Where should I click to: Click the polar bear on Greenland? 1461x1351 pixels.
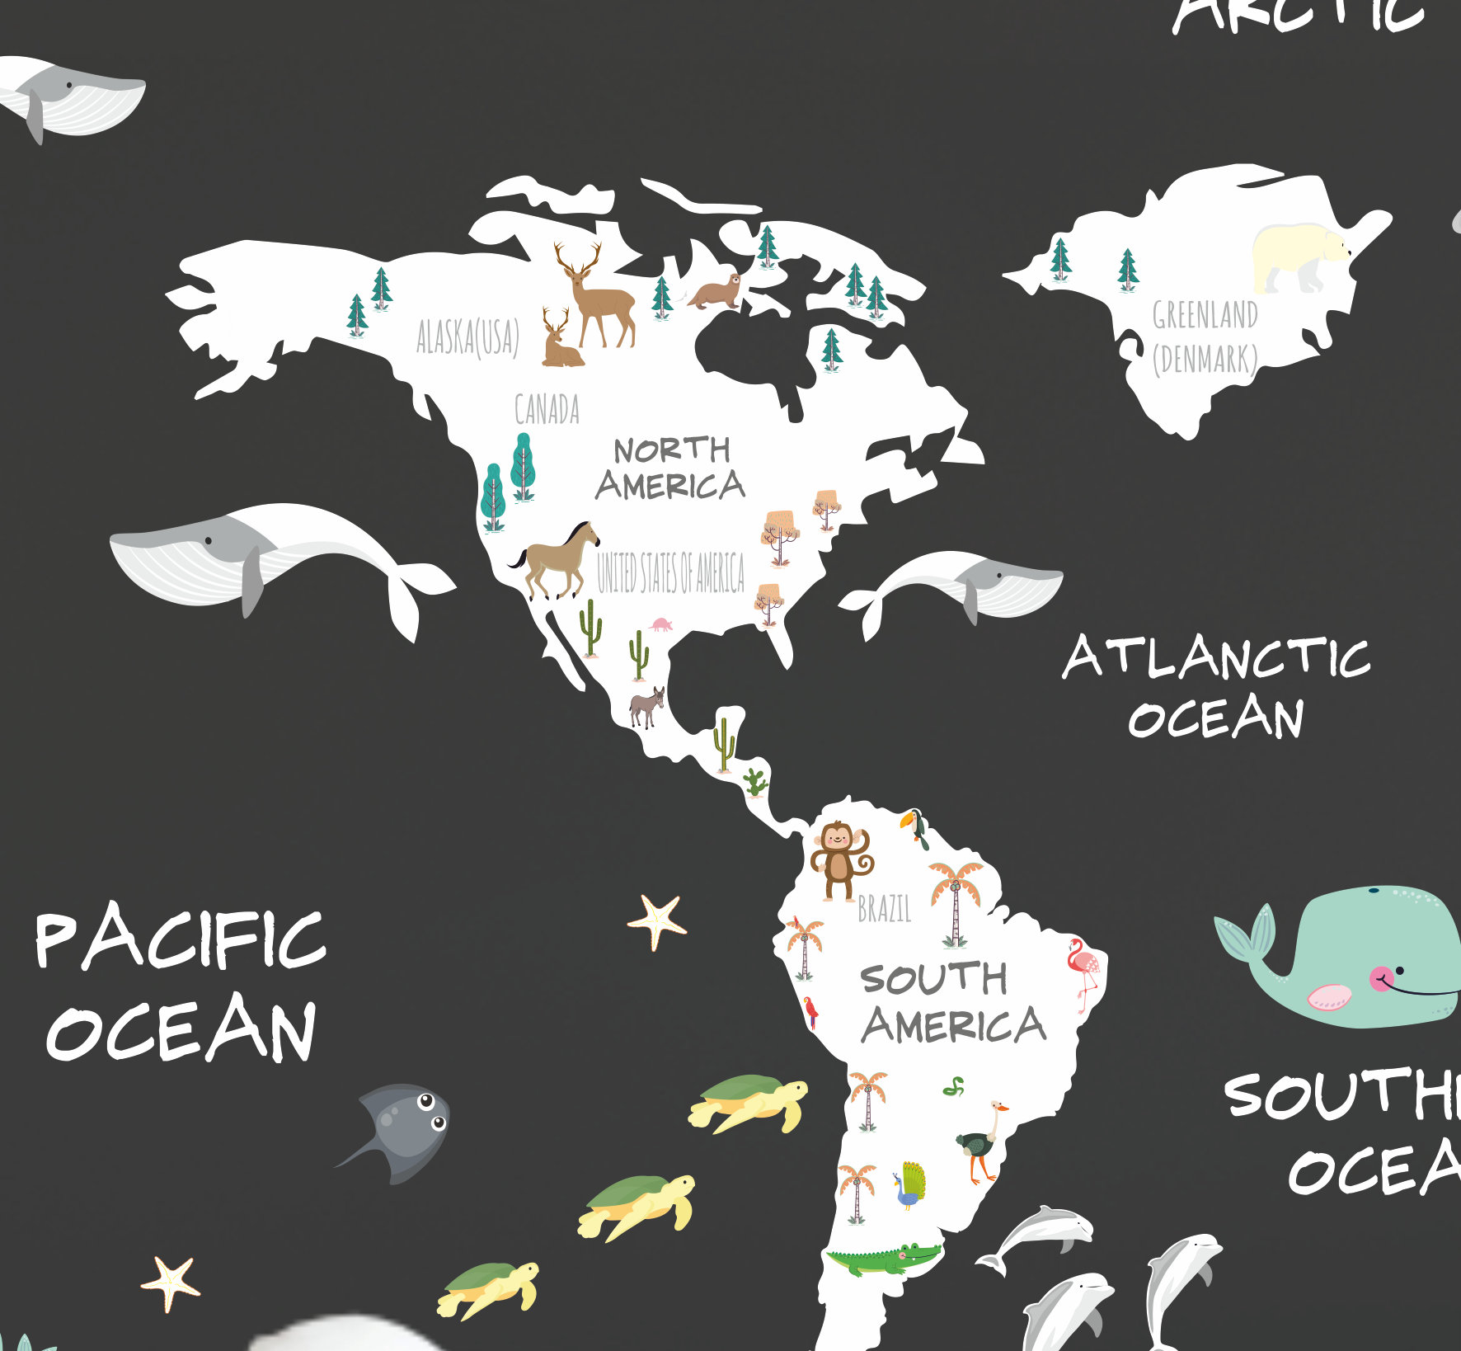click(1299, 257)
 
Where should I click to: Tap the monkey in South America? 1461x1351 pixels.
click(839, 859)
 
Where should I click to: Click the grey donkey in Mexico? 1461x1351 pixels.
click(647, 707)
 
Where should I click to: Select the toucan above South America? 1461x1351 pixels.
click(916, 827)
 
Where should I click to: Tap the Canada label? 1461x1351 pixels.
click(547, 409)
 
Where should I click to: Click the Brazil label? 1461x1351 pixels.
click(885, 909)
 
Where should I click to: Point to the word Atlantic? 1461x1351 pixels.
click(1215, 659)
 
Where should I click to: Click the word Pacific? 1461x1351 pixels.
click(180, 939)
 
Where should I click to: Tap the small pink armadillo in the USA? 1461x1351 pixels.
click(660, 624)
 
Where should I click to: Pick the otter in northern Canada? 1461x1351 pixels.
click(715, 291)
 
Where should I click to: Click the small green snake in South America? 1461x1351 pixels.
click(953, 1087)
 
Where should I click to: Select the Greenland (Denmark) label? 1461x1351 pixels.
click(1205, 337)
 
